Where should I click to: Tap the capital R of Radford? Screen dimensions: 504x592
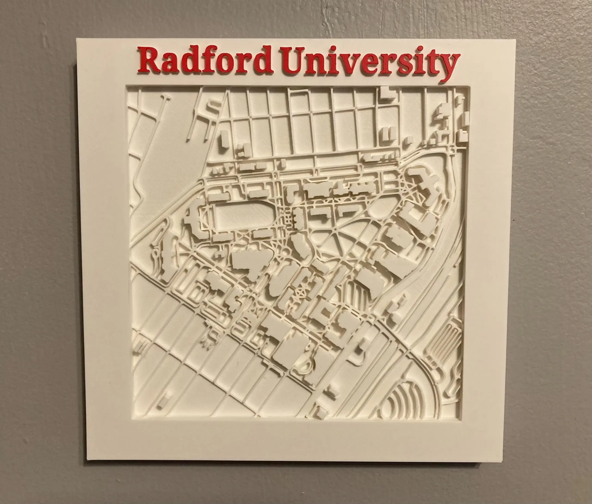[x=149, y=61]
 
